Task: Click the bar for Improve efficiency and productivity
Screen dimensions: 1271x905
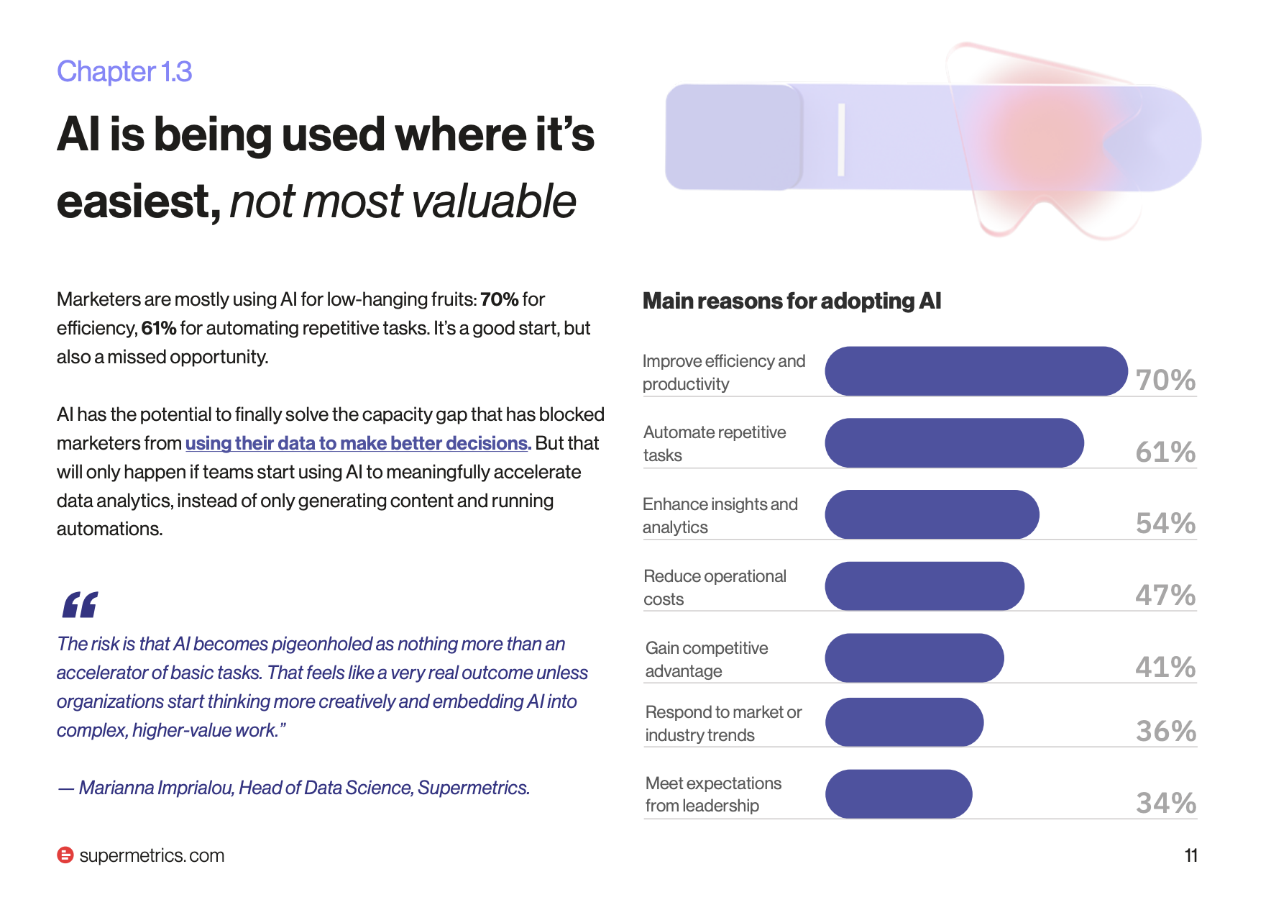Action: click(976, 371)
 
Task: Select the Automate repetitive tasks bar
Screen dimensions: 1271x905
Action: click(954, 442)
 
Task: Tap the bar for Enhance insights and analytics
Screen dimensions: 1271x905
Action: click(932, 514)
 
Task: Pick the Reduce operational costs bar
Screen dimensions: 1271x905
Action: click(924, 586)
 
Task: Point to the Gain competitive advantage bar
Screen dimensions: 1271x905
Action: click(914, 658)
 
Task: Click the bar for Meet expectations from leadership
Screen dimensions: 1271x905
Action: click(899, 793)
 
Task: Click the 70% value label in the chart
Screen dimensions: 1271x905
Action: click(1165, 380)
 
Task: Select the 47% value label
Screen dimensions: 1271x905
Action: click(1165, 595)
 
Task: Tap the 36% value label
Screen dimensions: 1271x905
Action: click(1165, 731)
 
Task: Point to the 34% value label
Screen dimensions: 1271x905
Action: click(1165, 802)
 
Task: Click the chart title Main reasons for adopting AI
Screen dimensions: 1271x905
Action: click(791, 301)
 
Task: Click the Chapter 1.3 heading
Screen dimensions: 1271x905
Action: click(124, 71)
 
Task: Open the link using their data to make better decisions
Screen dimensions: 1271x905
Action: click(358, 443)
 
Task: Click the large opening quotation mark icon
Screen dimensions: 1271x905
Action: click(80, 605)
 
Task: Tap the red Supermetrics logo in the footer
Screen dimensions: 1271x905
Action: click(65, 855)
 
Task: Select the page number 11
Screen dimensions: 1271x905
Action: click(1190, 855)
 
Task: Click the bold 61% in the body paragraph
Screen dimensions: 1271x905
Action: click(159, 328)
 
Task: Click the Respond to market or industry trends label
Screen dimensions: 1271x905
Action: click(723, 723)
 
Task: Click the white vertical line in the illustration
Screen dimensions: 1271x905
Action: click(841, 140)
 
